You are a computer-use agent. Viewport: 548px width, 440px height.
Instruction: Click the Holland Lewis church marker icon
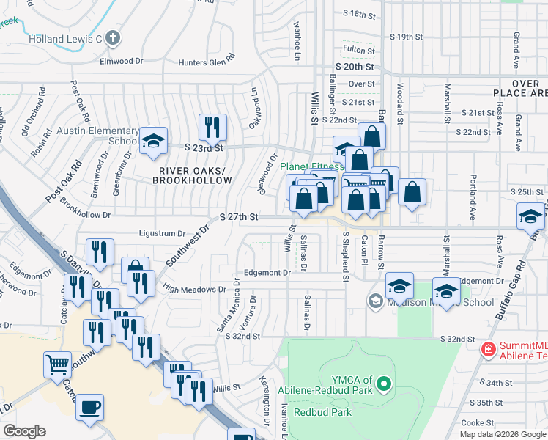click(x=112, y=37)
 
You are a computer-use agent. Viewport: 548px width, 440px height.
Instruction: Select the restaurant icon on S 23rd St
click(x=212, y=127)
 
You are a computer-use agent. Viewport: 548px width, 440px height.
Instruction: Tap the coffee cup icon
click(x=90, y=407)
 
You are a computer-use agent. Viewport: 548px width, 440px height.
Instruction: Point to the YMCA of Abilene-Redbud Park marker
click(x=385, y=384)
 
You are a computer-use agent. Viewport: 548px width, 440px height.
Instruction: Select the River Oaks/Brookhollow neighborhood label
click(x=185, y=175)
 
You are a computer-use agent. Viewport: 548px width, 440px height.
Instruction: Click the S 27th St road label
click(x=240, y=217)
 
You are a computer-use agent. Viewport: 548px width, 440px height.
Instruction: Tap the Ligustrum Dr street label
click(x=162, y=233)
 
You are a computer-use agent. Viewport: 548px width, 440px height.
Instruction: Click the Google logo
click(x=25, y=431)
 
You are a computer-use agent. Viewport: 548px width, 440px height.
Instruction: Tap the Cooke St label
click(x=478, y=422)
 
